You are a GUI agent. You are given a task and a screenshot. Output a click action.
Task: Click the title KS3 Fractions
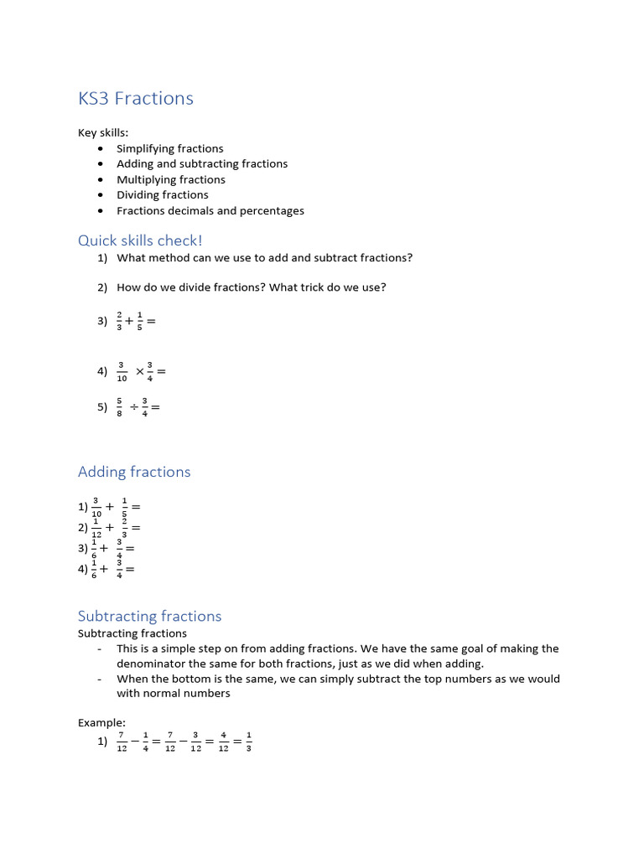click(x=136, y=99)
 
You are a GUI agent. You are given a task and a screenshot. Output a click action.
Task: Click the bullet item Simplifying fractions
click(x=169, y=148)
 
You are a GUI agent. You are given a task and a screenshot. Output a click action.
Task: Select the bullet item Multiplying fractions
click(x=170, y=179)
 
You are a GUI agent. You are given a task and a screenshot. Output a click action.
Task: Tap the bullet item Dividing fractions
click(x=162, y=194)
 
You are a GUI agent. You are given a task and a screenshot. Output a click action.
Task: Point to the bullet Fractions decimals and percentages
click(x=210, y=210)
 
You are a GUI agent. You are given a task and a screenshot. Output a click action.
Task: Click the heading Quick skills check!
click(x=140, y=241)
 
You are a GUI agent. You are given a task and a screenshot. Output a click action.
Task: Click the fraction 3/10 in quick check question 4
click(x=122, y=371)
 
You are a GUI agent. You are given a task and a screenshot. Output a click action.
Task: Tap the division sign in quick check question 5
click(x=134, y=408)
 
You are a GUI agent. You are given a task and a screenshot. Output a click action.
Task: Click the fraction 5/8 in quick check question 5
click(x=120, y=407)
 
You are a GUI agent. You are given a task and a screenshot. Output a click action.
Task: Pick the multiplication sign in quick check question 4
click(x=140, y=372)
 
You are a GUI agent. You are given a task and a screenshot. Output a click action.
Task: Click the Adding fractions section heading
click(x=134, y=472)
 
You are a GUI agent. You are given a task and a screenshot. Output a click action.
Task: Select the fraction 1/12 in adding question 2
click(x=96, y=527)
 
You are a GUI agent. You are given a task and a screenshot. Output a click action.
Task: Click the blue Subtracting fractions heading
click(x=149, y=616)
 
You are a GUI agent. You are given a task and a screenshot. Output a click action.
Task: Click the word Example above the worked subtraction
click(x=101, y=722)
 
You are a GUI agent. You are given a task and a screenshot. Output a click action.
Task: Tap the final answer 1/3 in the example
click(x=249, y=742)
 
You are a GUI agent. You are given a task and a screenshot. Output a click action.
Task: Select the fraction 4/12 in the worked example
click(x=223, y=742)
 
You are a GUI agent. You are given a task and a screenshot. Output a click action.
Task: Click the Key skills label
click(x=103, y=132)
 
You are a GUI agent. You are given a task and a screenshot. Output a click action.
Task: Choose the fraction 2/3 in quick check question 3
click(x=120, y=320)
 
